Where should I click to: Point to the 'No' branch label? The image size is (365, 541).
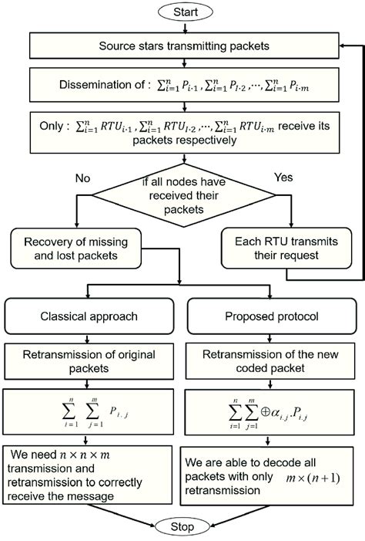tap(83, 178)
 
